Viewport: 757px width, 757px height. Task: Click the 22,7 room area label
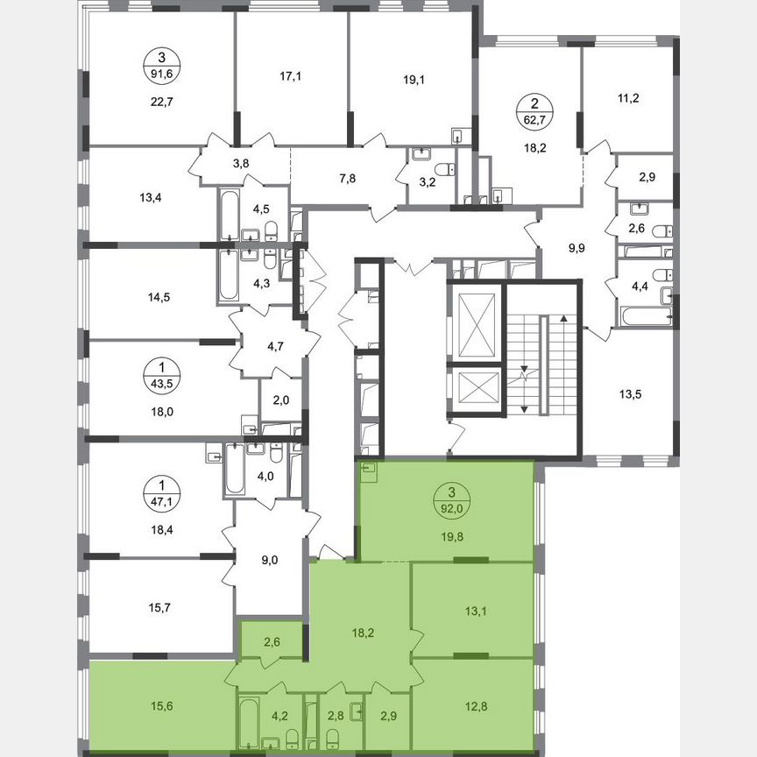(x=159, y=99)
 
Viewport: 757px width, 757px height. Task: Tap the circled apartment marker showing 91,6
(x=159, y=63)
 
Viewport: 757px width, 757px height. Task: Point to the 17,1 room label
(x=291, y=77)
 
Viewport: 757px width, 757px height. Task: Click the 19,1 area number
(x=414, y=77)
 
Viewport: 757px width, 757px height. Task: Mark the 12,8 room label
(x=473, y=698)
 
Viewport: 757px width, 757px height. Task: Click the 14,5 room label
(x=159, y=297)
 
